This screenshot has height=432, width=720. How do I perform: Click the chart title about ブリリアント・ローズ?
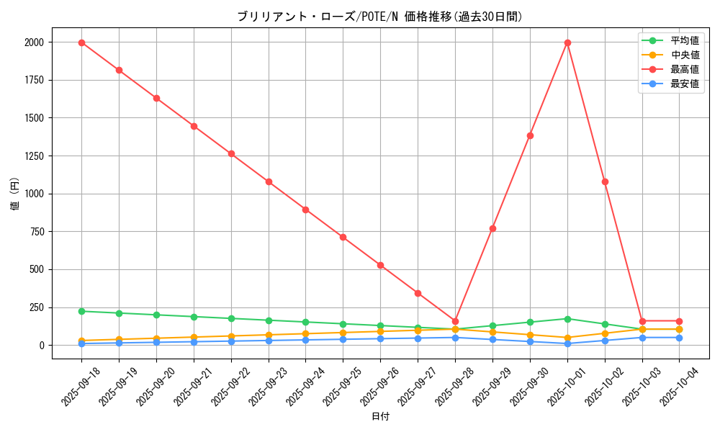(x=379, y=17)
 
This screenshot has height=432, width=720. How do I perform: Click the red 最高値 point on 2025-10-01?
(x=567, y=42)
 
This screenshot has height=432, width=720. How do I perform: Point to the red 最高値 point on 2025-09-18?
(x=81, y=42)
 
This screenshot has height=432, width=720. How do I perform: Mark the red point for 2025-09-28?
(x=455, y=321)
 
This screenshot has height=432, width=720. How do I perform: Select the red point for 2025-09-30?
(x=530, y=135)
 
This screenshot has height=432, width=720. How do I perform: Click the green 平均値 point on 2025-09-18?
(x=81, y=311)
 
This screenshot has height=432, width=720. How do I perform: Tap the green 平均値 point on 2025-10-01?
(x=567, y=319)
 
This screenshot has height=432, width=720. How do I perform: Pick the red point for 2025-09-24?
(x=305, y=210)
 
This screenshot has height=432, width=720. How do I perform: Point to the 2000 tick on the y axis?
(x=33, y=42)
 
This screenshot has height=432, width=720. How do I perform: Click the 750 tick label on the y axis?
(x=36, y=232)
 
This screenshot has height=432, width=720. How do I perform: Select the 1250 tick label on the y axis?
(x=33, y=156)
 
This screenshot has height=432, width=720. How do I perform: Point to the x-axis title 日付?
(x=379, y=417)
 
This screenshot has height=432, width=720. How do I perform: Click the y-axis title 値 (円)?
(x=15, y=194)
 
